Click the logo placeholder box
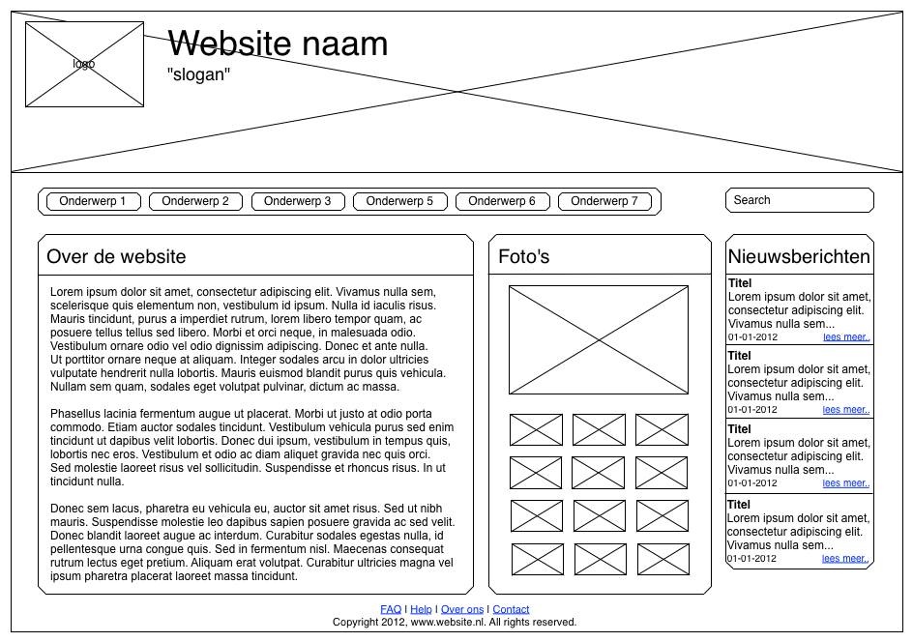84,64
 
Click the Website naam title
278,44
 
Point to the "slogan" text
199,73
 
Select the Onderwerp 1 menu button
93,201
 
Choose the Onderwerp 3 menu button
297,201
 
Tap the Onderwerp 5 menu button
399,201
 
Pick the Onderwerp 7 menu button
604,201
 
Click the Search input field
799,200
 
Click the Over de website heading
116,256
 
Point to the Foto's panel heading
523,256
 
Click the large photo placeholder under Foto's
599,339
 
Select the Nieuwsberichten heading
799,256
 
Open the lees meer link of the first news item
846,337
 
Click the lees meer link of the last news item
845,559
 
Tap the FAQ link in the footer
391,609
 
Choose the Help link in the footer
422,609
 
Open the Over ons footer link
462,609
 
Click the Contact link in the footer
511,609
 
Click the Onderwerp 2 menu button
195,201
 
